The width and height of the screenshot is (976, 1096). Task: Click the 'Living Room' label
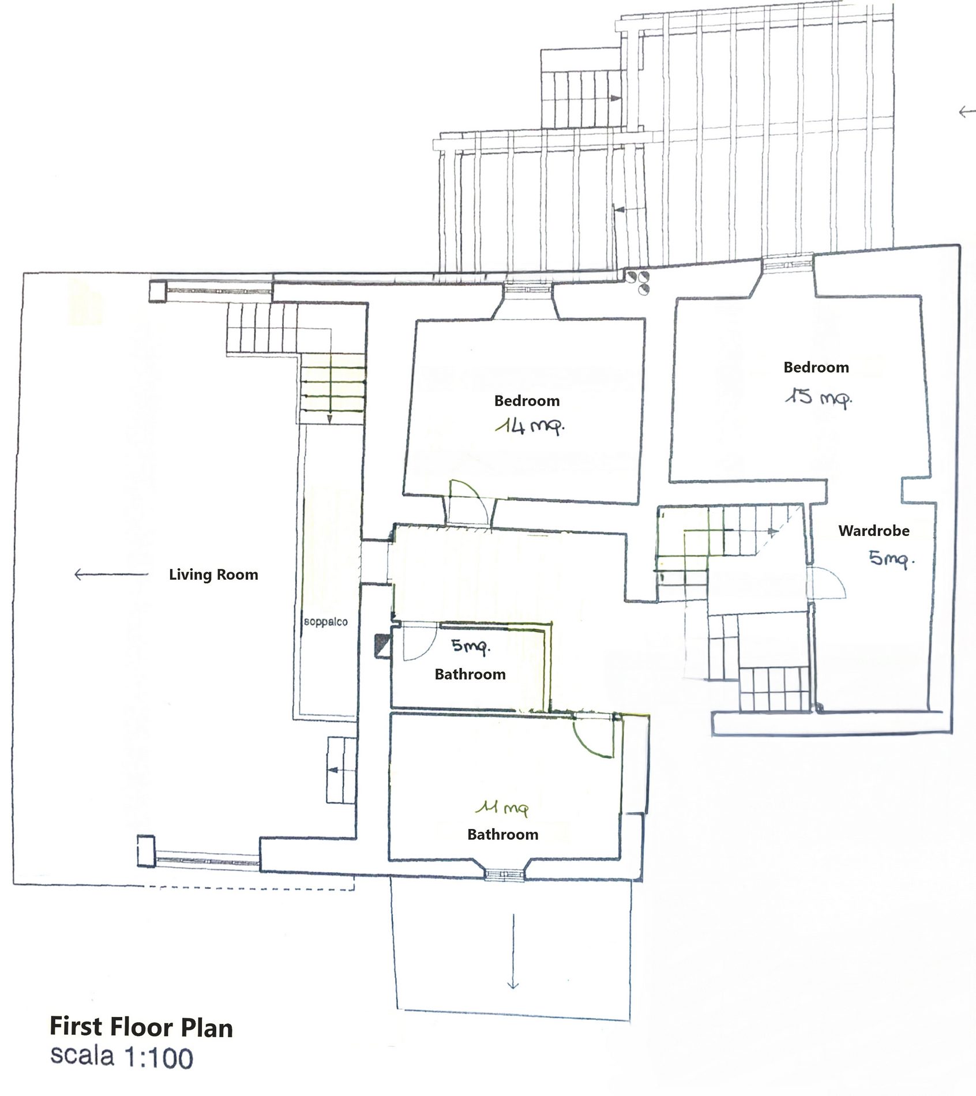pyautogui.click(x=213, y=575)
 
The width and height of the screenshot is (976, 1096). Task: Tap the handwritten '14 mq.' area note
pyautogui.click(x=530, y=426)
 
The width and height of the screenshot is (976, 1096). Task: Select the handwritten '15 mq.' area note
pyautogui.click(x=818, y=397)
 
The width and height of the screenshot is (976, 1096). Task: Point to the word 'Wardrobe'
pyautogui.click(x=873, y=531)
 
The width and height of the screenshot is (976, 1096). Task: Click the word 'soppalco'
pyautogui.click(x=326, y=622)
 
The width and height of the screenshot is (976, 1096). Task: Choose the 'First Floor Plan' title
pyautogui.click(x=141, y=1027)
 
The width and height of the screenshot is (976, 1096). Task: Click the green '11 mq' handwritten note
pyautogui.click(x=502, y=809)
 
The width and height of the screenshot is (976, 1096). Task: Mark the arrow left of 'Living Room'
pyautogui.click(x=111, y=574)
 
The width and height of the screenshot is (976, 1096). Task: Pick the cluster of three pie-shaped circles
pyautogui.click(x=640, y=281)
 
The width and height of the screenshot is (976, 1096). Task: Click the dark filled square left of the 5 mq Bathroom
pyautogui.click(x=382, y=645)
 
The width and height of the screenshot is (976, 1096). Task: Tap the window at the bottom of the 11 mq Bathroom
pyautogui.click(x=504, y=876)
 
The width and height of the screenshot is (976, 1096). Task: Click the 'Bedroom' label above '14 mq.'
pyautogui.click(x=527, y=401)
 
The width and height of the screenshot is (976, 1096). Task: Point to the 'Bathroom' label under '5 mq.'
pyautogui.click(x=470, y=674)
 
